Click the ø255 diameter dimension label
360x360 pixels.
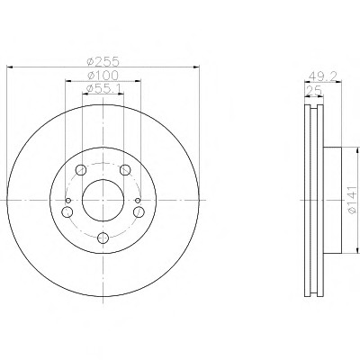click(x=103, y=61)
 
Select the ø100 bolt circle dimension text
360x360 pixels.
click(x=103, y=75)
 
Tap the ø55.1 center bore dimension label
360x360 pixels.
click(x=103, y=88)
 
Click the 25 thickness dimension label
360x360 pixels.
click(x=314, y=90)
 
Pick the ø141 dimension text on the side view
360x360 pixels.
click(x=353, y=200)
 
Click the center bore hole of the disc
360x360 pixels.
click(x=103, y=200)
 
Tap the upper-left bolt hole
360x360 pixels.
click(x=81, y=170)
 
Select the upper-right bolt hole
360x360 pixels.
click(x=125, y=170)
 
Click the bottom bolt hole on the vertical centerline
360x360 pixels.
click(x=103, y=238)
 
